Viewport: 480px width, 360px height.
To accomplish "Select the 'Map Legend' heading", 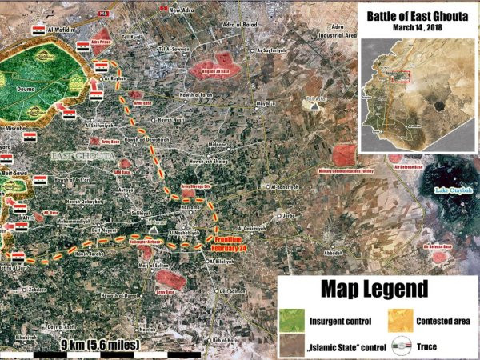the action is click(x=375, y=288).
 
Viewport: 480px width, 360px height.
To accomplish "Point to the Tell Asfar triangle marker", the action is click(x=315, y=104).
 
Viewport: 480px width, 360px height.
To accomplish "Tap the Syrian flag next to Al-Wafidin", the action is click(x=38, y=29).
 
